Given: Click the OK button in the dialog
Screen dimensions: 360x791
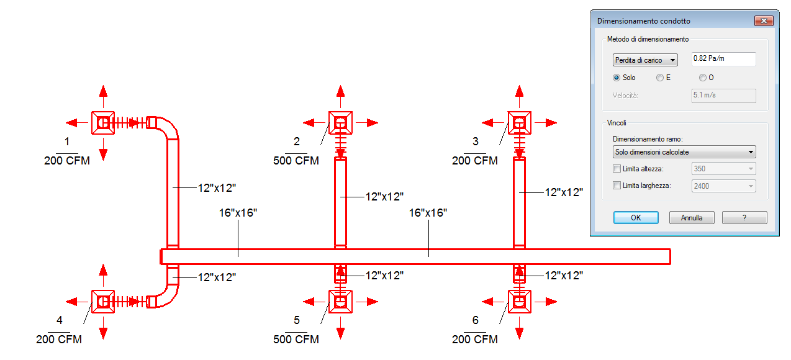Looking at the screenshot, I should click(x=636, y=218).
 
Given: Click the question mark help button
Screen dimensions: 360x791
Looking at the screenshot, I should click(x=744, y=218).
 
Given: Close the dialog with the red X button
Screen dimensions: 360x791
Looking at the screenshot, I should click(x=763, y=20).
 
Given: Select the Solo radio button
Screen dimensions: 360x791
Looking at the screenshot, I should click(x=617, y=78).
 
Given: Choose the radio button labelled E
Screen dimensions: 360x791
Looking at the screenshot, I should click(x=660, y=78).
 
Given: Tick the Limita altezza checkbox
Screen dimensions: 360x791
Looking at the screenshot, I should click(x=617, y=169).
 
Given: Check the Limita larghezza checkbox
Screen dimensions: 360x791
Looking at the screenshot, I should click(x=617, y=186).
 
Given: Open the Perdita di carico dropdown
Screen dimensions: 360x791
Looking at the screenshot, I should click(x=644, y=60).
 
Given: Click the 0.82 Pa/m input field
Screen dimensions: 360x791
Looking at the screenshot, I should click(x=723, y=60).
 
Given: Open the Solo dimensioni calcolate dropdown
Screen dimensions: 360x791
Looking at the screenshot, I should click(x=684, y=152).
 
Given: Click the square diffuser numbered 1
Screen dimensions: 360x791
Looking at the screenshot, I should click(x=103, y=123).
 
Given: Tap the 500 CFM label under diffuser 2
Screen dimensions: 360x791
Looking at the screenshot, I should click(x=296, y=161).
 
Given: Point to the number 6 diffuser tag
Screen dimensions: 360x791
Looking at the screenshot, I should click(x=476, y=320).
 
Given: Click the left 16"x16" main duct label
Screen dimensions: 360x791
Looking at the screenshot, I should click(x=238, y=213).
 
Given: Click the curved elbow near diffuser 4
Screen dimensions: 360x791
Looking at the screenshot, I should click(x=165, y=294).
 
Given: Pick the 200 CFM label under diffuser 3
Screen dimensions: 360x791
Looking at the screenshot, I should click(x=475, y=161).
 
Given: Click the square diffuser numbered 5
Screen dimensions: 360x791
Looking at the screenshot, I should click(x=340, y=302).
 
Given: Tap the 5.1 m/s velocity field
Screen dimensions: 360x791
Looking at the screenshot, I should click(x=723, y=96).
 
